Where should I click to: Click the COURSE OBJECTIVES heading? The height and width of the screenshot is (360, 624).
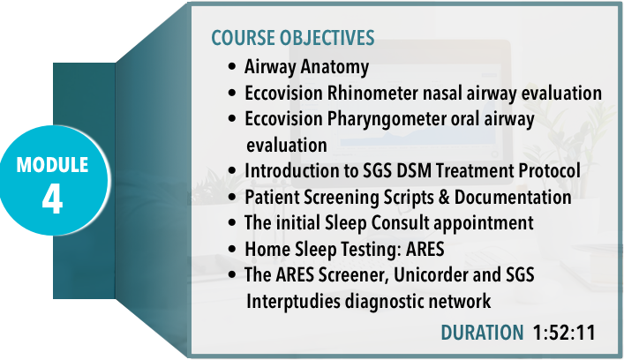tap(292, 38)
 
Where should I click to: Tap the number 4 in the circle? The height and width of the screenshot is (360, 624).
tap(53, 199)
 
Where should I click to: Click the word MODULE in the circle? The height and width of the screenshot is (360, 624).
tap(53, 165)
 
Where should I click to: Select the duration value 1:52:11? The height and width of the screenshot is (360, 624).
tap(564, 333)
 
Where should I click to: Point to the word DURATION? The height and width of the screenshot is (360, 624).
tap(482, 333)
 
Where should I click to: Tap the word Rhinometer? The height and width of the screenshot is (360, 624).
tap(372, 93)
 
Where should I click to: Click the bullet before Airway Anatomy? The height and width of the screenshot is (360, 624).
tap(232, 66)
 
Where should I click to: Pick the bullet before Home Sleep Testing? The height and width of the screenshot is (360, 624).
tap(232, 249)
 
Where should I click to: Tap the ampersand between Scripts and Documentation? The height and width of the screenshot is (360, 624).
tap(444, 198)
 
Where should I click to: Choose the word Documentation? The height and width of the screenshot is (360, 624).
tap(513, 198)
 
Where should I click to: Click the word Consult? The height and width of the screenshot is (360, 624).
tap(401, 222)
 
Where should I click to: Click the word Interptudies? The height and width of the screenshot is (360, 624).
tap(293, 301)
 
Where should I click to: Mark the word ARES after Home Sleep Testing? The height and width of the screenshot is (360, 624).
tap(425, 250)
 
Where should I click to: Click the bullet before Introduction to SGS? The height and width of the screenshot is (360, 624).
tap(232, 170)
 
